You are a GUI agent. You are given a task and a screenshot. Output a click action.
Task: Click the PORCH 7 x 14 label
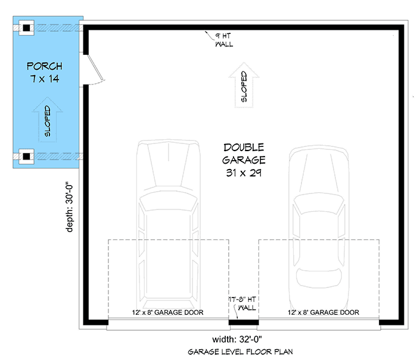(x=45, y=71)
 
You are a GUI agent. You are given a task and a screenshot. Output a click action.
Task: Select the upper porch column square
(x=26, y=27)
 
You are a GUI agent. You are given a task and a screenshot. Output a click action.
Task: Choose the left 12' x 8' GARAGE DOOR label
(x=167, y=312)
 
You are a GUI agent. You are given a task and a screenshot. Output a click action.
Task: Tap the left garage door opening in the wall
(x=168, y=324)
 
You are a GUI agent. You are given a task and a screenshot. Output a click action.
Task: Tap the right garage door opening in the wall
(x=319, y=324)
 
